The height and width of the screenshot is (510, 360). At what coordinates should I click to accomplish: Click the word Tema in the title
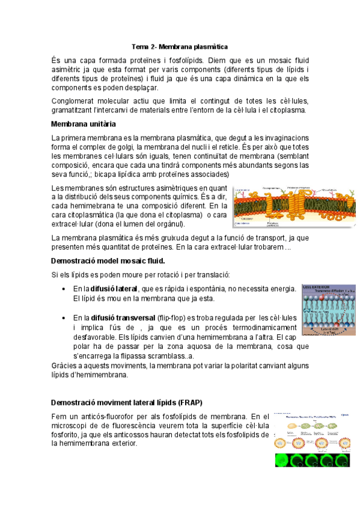(x=139, y=46)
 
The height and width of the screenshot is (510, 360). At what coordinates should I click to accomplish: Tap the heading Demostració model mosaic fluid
(x=108, y=261)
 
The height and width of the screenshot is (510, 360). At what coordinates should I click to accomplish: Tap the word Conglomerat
(x=77, y=101)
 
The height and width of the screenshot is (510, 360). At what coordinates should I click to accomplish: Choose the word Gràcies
(x=64, y=366)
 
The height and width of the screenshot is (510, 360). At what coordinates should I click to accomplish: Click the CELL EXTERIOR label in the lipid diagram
(x=319, y=286)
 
